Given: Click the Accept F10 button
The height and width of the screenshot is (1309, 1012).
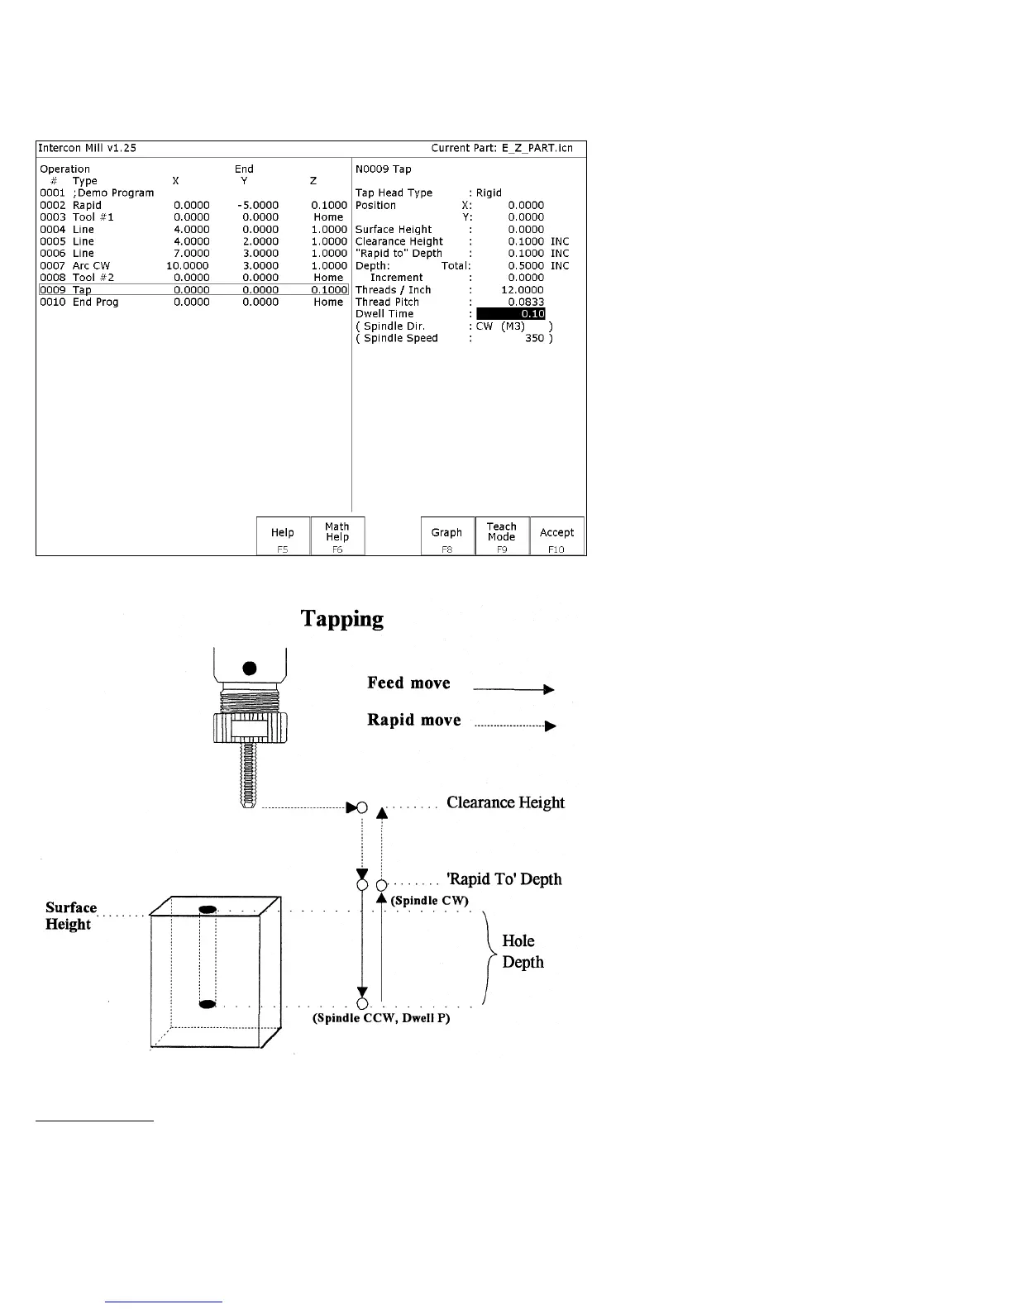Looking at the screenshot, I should [x=556, y=535].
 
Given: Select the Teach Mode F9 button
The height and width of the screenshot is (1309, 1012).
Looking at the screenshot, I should [x=502, y=535].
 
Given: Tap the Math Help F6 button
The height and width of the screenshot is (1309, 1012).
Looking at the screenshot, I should [x=337, y=535].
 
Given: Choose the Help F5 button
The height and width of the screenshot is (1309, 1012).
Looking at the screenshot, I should [x=283, y=535].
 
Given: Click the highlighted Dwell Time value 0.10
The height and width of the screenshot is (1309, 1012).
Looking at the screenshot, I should [x=511, y=314].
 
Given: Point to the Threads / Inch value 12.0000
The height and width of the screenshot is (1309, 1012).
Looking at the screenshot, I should [x=523, y=290].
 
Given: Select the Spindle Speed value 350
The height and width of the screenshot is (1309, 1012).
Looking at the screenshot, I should [x=534, y=338].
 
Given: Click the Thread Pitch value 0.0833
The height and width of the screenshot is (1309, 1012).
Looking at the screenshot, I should [x=526, y=302].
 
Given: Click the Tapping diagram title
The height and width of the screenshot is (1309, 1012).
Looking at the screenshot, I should [x=341, y=619].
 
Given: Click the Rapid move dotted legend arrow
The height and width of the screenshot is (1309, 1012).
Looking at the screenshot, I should [x=515, y=726].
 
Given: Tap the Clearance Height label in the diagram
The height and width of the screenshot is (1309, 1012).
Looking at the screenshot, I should [x=505, y=802].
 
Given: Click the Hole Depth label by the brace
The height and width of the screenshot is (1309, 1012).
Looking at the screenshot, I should [x=523, y=951].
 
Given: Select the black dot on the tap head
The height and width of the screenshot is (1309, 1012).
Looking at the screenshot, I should [x=251, y=667].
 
